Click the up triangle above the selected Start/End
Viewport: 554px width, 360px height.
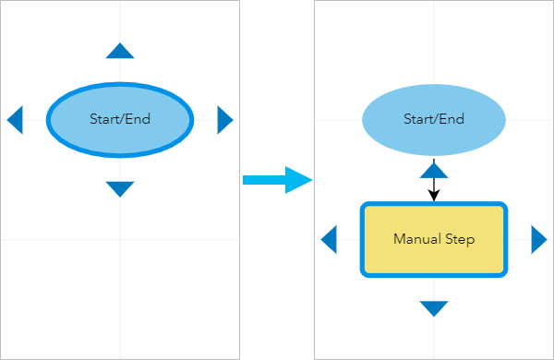tap(120, 52)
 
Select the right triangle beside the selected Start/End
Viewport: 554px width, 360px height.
tap(224, 119)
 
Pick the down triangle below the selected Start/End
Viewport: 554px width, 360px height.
tap(120, 188)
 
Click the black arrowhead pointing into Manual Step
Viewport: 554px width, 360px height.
tap(434, 196)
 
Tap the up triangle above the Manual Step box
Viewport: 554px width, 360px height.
tap(434, 169)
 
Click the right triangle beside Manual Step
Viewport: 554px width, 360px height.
tap(538, 240)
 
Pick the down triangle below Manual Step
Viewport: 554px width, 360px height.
tap(434, 308)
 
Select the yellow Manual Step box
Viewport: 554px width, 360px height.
tap(434, 258)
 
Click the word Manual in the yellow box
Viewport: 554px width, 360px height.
tap(415, 240)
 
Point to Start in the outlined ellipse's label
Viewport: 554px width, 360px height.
tap(104, 119)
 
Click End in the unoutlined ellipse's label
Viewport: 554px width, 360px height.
tap(451, 119)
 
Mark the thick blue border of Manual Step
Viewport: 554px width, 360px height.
tap(362, 240)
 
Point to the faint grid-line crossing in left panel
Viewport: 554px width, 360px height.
tap(120, 239)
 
